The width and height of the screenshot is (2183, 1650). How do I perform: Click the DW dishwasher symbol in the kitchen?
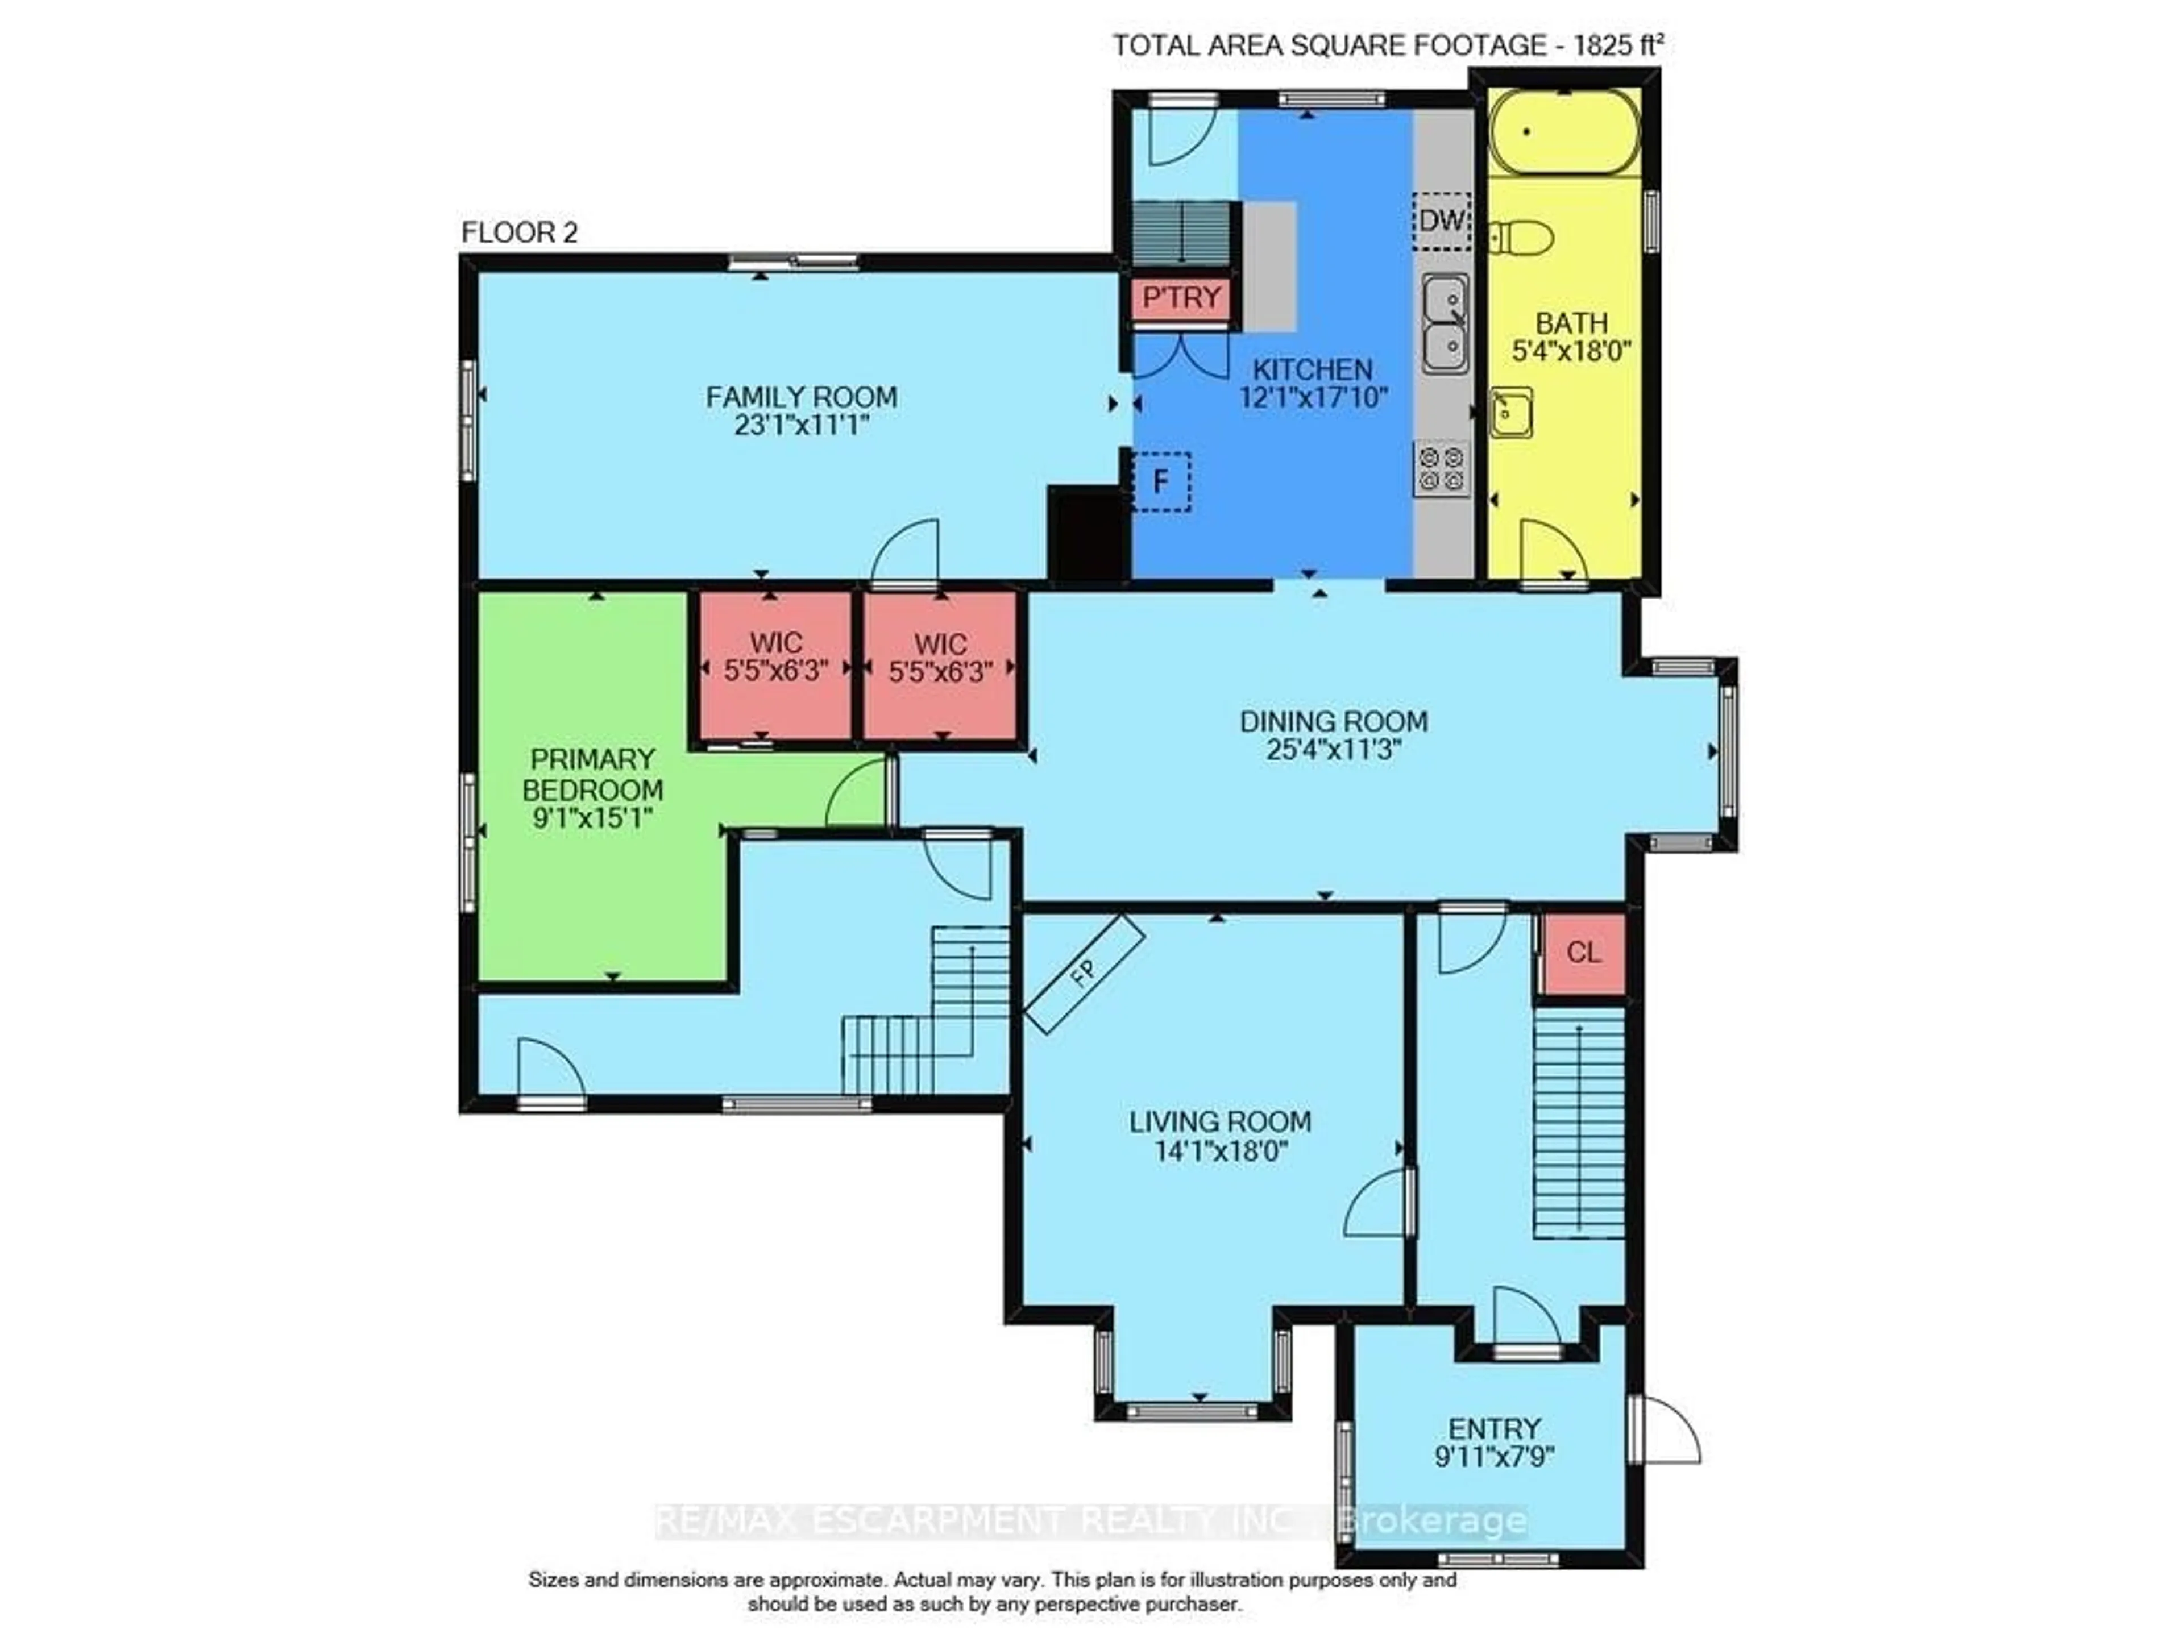1441,220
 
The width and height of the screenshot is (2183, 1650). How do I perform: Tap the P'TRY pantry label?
1181,297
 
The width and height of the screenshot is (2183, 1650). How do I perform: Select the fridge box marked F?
1161,481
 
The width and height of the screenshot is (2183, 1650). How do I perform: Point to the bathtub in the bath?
1564,131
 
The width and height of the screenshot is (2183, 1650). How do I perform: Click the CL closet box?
1583,952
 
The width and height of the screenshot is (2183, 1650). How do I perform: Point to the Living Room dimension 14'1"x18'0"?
1221,1150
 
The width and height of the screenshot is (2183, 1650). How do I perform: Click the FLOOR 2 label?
519,233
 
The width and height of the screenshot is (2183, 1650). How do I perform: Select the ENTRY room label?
1494,1428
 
